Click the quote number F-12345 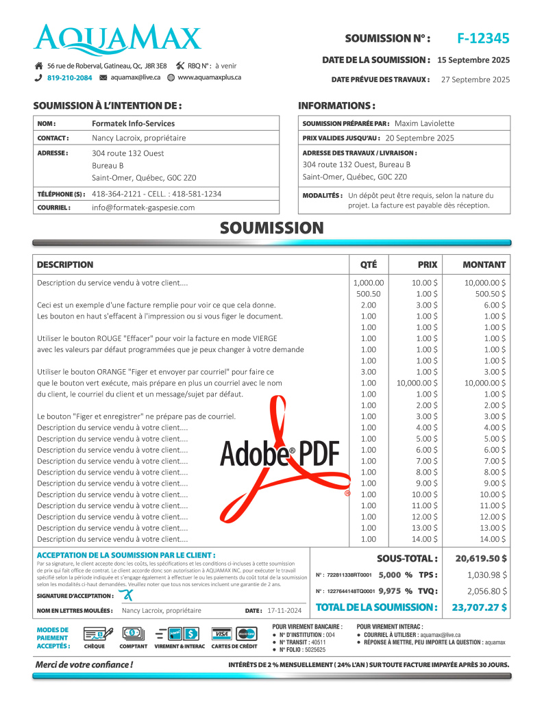483,38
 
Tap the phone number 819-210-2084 69,78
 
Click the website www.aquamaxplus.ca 209,77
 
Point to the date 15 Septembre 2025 473,60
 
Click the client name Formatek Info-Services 133,123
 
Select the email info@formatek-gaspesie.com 143,208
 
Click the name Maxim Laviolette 424,123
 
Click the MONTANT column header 484,264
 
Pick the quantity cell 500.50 368,293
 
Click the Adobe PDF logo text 280,453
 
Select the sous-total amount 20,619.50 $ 481,558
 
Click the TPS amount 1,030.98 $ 487,575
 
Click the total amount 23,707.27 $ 479,607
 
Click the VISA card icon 221,633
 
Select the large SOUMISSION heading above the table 271,228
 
